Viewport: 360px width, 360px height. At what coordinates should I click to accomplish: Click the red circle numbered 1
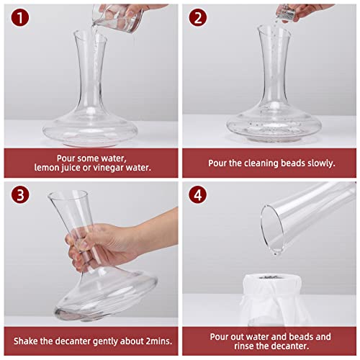click(x=17, y=17)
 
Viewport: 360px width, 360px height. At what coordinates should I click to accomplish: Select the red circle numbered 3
click(x=17, y=194)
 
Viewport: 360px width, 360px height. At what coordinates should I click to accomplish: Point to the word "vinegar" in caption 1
click(x=114, y=168)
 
